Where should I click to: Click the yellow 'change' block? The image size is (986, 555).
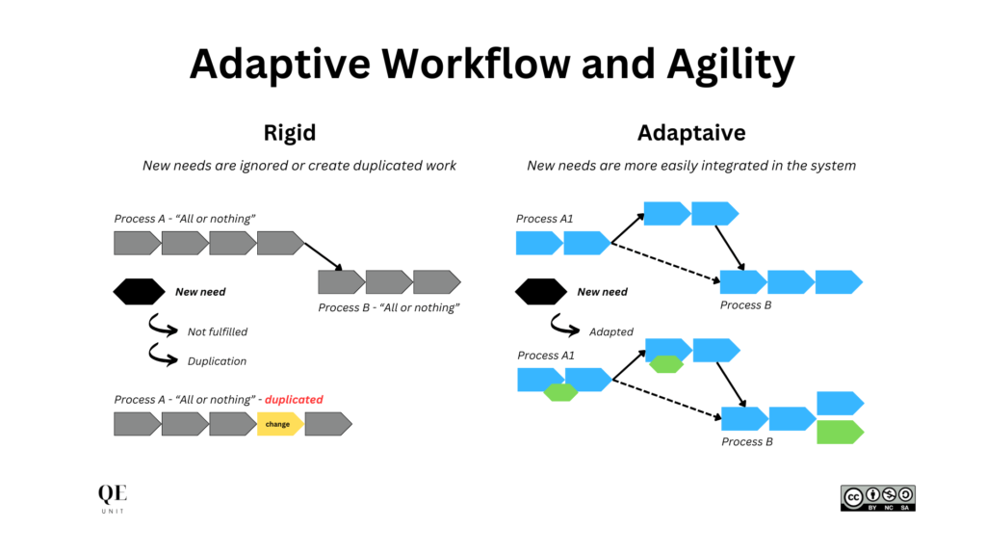[x=279, y=424]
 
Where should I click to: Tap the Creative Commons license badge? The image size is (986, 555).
[x=877, y=497]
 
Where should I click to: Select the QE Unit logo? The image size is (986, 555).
[x=112, y=498]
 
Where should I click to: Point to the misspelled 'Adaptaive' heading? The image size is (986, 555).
[x=690, y=133]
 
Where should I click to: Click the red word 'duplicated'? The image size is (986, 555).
[x=294, y=399]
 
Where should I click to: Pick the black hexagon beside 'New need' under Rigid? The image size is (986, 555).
[x=138, y=291]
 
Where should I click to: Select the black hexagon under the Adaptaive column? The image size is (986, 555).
[x=540, y=291]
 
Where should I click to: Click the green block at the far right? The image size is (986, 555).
[x=840, y=433]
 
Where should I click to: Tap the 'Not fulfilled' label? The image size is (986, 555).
[x=217, y=331]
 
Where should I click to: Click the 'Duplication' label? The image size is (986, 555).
[x=217, y=361]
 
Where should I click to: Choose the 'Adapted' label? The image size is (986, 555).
[x=610, y=331]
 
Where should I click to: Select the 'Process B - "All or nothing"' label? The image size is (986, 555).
[x=389, y=307]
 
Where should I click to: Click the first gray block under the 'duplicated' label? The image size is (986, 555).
[x=137, y=424]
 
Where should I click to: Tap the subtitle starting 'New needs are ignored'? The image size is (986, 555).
[x=299, y=166]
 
